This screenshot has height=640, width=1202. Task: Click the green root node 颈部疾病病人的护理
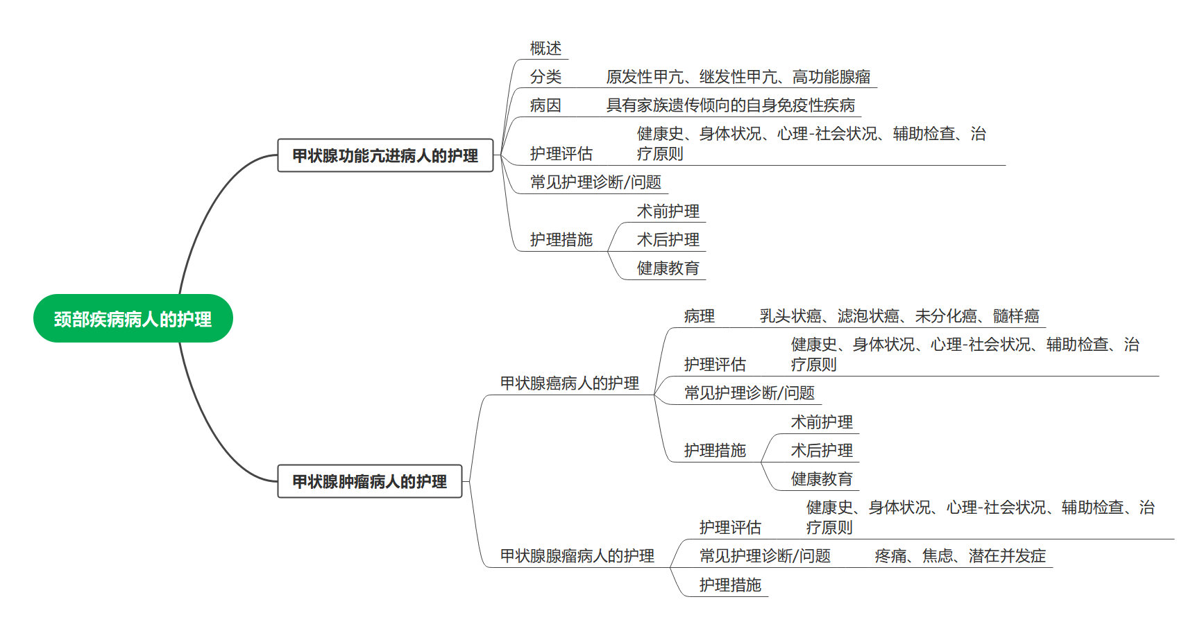pos(133,319)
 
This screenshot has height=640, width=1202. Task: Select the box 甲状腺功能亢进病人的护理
pos(385,155)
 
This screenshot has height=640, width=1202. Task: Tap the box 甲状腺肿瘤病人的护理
pos(369,481)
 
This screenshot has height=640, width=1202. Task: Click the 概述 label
pos(545,49)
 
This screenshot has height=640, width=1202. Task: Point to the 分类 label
pos(545,77)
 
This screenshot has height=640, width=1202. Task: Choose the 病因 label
pos(545,105)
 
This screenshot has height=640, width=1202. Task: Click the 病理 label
pos(699,316)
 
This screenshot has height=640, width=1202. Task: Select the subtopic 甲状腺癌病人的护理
pos(569,383)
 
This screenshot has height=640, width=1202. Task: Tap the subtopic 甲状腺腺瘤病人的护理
pos(577,556)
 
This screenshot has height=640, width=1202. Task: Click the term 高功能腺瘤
pos(831,77)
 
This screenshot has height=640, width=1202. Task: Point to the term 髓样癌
pos(1016,316)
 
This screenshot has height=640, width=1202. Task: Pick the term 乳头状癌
pos(790,316)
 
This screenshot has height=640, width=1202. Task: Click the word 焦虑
pos(938,556)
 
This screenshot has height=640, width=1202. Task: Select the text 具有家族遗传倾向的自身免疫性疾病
pos(730,105)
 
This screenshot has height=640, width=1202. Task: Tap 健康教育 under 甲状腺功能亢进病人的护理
pos(668,268)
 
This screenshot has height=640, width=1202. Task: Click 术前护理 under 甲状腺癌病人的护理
pos(822,422)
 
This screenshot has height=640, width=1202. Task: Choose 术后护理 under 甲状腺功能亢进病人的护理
pos(668,240)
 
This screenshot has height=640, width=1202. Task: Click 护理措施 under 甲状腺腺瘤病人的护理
pos(730,585)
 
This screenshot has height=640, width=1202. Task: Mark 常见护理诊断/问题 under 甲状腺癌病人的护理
pos(749,393)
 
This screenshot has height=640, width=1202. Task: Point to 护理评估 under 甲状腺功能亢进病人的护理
pos(561,154)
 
